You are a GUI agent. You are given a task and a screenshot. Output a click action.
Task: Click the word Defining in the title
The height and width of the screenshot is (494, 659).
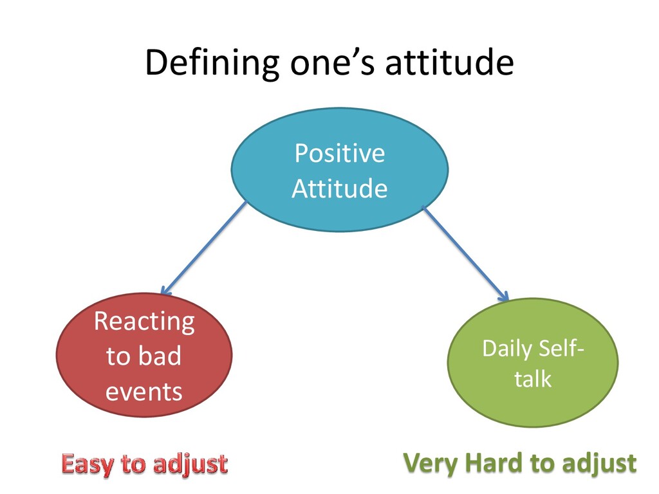pos(212,64)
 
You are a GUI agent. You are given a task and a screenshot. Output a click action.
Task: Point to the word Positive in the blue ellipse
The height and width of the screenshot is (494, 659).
pos(339,154)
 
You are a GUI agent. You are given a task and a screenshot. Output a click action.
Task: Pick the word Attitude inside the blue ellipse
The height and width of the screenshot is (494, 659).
pos(339,189)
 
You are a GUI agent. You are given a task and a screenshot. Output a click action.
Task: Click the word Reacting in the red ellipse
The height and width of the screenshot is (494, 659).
pos(144,321)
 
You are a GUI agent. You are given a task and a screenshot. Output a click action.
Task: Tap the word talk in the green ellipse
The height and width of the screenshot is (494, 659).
pos(533,378)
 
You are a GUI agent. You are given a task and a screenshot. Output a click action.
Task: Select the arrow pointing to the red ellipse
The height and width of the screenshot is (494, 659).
pos(203,249)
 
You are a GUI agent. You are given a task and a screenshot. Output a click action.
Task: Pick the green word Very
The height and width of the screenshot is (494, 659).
pos(429,463)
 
